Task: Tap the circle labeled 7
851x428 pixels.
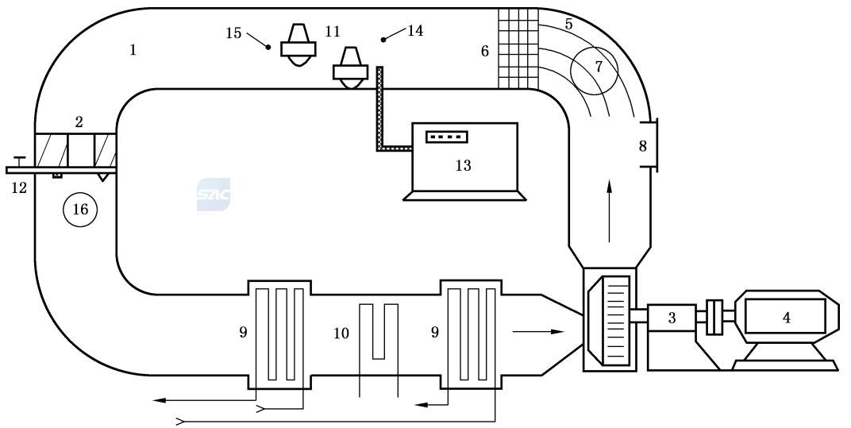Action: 597,67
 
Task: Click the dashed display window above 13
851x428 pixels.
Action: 447,137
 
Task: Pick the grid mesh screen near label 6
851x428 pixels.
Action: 518,48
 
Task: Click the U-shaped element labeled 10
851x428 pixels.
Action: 379,331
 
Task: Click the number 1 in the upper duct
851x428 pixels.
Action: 133,50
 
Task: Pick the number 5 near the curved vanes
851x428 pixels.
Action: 568,24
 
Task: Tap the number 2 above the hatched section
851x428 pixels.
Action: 79,121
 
